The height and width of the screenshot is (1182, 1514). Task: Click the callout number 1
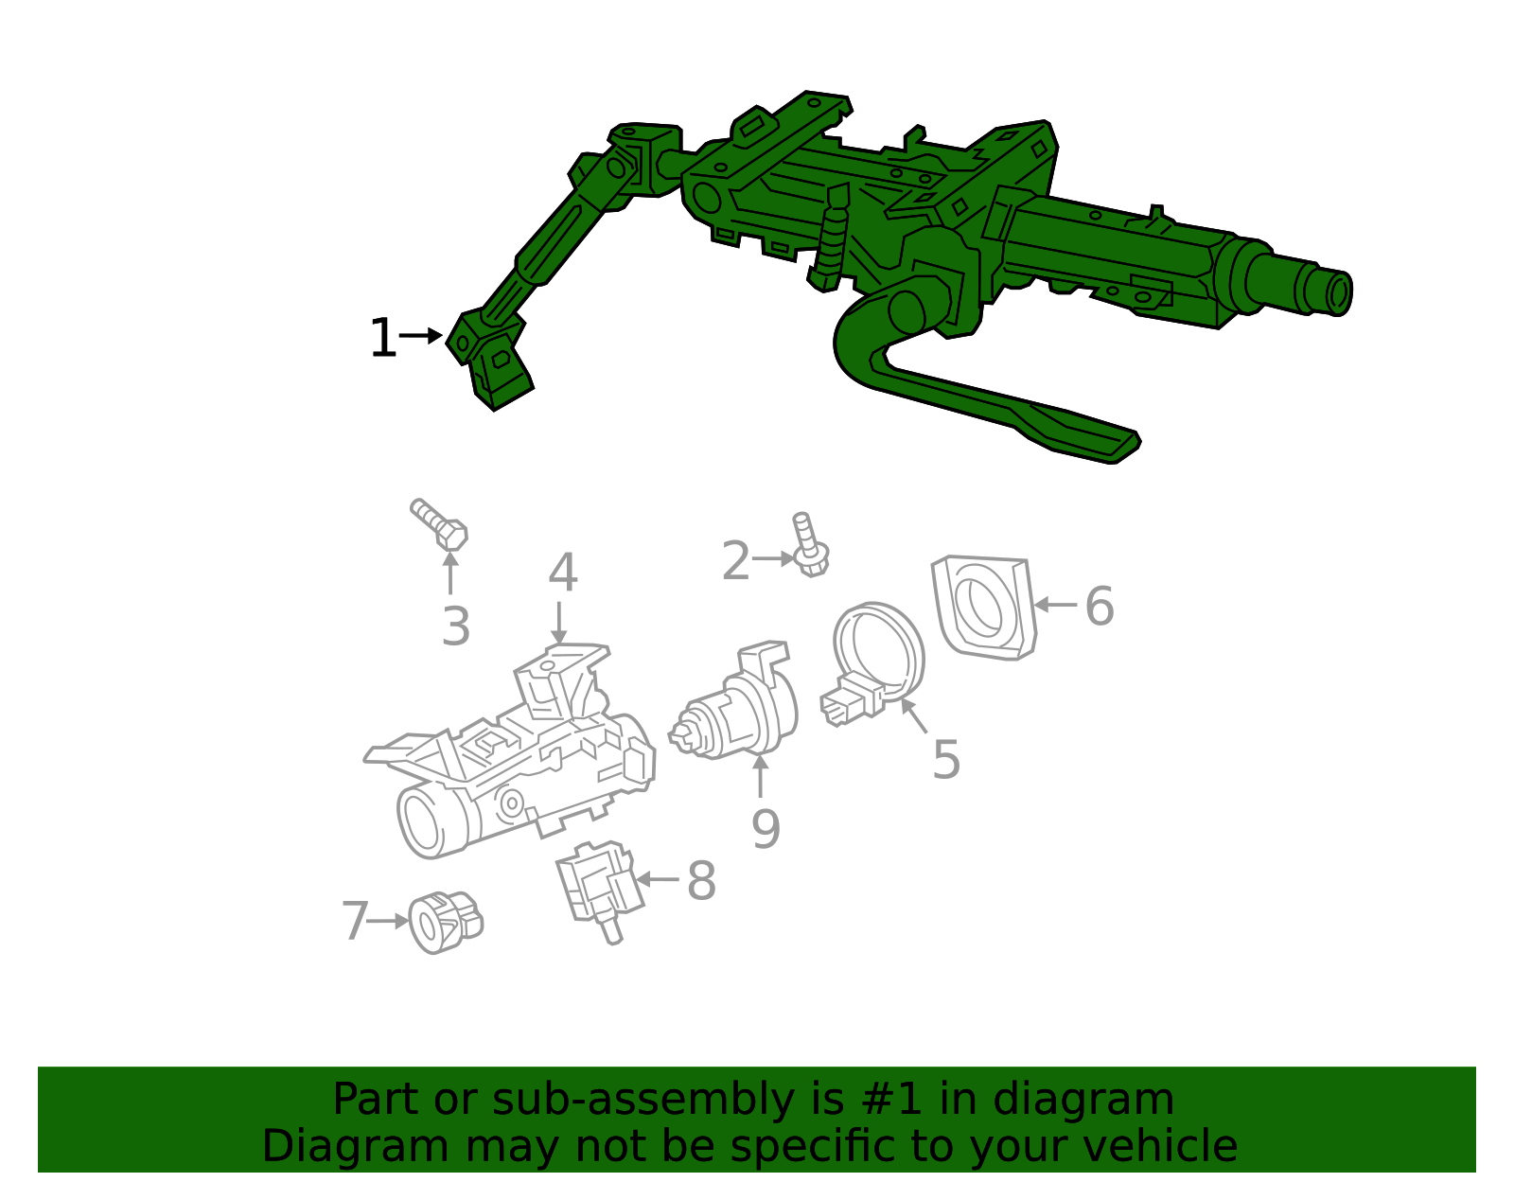pos(382,339)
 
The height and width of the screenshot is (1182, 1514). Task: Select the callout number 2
pos(735,562)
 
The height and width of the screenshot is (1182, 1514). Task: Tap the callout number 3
pos(456,626)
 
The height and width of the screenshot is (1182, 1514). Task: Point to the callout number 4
pos(563,573)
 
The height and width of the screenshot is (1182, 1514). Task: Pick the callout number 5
pos(946,760)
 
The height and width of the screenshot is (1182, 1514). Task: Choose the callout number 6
pos(1099,607)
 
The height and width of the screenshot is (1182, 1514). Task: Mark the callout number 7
pos(354,921)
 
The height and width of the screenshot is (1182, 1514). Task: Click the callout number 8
pos(701,881)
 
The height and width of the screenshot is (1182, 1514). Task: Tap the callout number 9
pos(766,829)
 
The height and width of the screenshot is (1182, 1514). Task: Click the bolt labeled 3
pos(442,525)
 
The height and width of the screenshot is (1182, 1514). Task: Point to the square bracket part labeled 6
pos(983,606)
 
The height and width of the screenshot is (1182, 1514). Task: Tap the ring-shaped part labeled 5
pos(876,653)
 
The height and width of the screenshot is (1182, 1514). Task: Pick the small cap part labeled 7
pos(443,921)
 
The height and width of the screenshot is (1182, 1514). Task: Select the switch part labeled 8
pos(596,885)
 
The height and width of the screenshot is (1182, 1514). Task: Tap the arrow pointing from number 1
pos(421,335)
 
